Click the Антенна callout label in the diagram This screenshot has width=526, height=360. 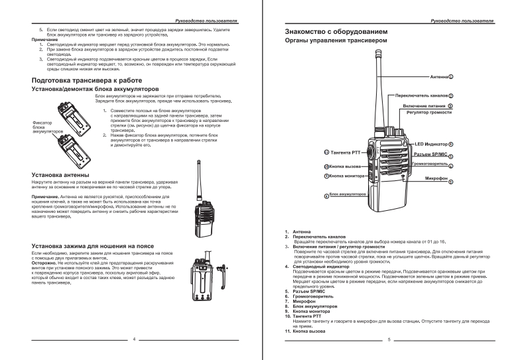point(438,77)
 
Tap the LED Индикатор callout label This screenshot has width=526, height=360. point(430,144)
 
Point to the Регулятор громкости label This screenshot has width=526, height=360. point(430,113)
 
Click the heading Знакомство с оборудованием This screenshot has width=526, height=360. point(334,32)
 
